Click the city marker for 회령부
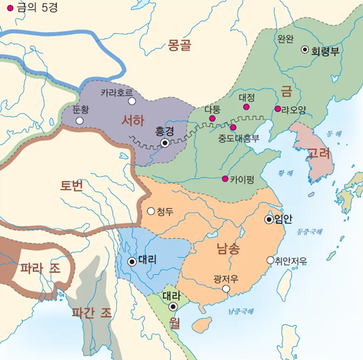coord(305,49)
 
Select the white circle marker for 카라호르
coord(132,102)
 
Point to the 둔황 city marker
coord(80,121)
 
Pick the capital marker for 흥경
coord(164,142)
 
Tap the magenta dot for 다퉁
coord(212,119)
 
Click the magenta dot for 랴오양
coord(278,109)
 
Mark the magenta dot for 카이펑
coord(225,179)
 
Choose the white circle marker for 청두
coord(151,212)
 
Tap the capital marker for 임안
coord(269,220)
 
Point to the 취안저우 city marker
coord(270,260)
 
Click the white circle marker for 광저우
coord(226,288)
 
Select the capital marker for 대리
coord(133,261)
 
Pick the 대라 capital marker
coord(173,307)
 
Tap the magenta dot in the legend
coord(9,8)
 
